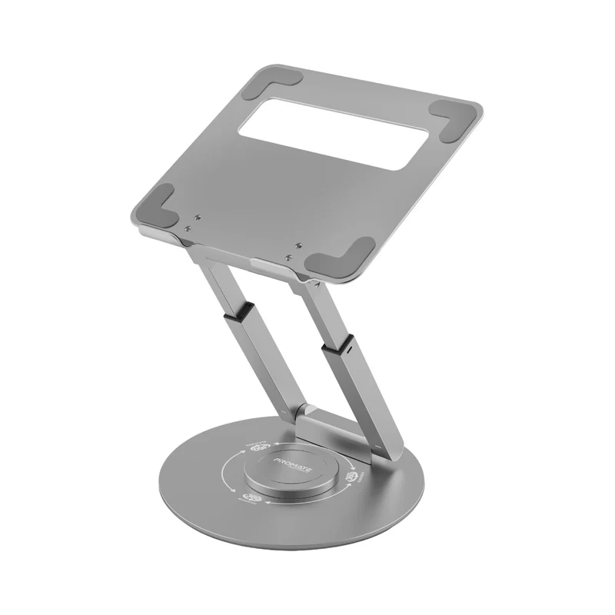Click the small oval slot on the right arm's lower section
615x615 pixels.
351,350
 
